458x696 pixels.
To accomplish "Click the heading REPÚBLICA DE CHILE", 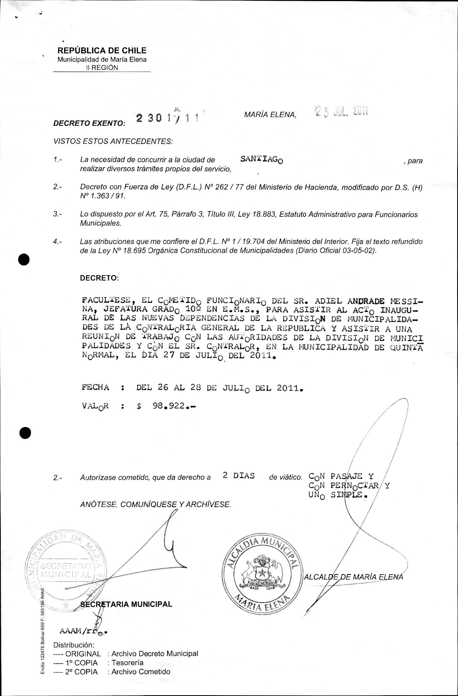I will click(102, 50).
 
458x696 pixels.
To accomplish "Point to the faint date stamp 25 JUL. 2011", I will click(341, 111).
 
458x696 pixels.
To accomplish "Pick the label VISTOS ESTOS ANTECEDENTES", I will click(113, 141).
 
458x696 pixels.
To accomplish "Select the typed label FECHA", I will click(95, 388).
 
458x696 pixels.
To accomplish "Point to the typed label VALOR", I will click(95, 406).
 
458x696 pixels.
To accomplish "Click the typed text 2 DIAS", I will click(239, 476).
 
